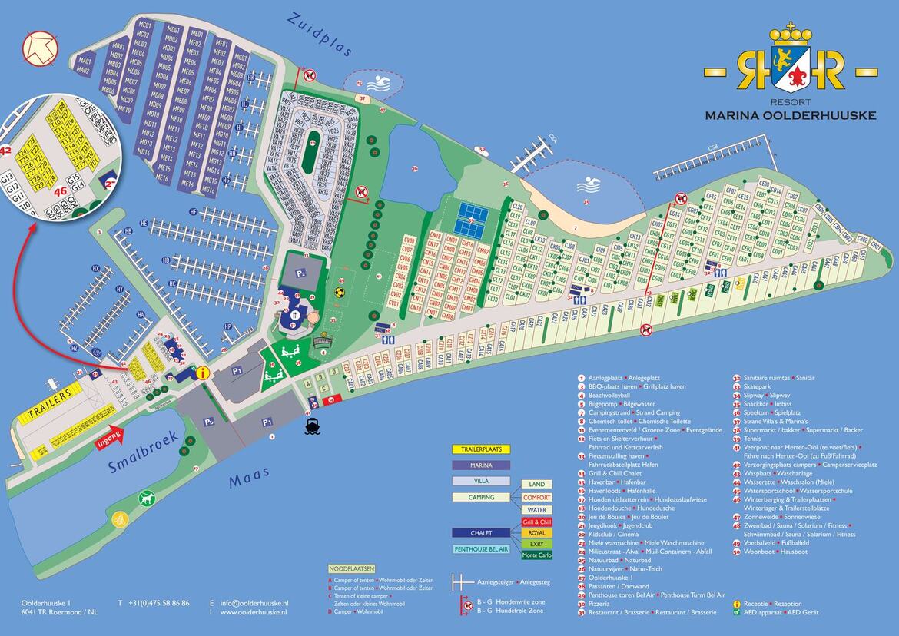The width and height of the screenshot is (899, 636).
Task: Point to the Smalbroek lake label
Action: [143, 452]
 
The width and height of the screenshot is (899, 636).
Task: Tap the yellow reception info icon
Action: [203, 373]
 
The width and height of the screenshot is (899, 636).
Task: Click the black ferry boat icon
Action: [313, 427]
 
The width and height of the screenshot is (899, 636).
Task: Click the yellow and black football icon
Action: [341, 291]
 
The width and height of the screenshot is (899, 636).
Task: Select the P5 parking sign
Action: [208, 422]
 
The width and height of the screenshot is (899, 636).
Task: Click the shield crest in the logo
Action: [791, 67]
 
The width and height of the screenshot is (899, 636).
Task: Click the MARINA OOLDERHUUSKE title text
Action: [791, 116]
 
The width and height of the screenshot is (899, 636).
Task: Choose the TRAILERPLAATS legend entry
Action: [480, 449]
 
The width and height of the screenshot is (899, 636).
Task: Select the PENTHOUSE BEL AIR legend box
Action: [480, 549]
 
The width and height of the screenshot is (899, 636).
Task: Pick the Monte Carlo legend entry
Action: [536, 555]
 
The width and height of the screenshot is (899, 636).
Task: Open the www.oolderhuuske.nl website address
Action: [254, 613]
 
